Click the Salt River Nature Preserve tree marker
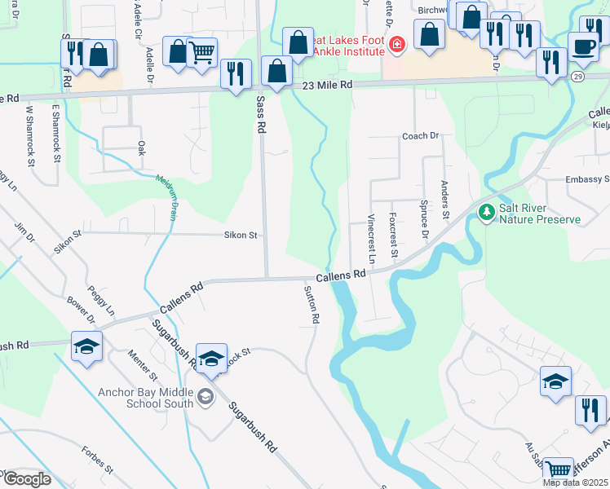[487, 212]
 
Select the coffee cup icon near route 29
[582, 46]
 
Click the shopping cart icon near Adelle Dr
[201, 52]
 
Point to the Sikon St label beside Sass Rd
[241, 235]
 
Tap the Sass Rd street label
[262, 114]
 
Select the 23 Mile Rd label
[326, 85]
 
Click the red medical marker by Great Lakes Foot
[396, 44]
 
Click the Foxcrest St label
[393, 235]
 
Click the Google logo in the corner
[27, 479]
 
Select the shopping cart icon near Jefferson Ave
[558, 469]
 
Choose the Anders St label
[445, 200]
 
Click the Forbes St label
[96, 459]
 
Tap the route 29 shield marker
[577, 76]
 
